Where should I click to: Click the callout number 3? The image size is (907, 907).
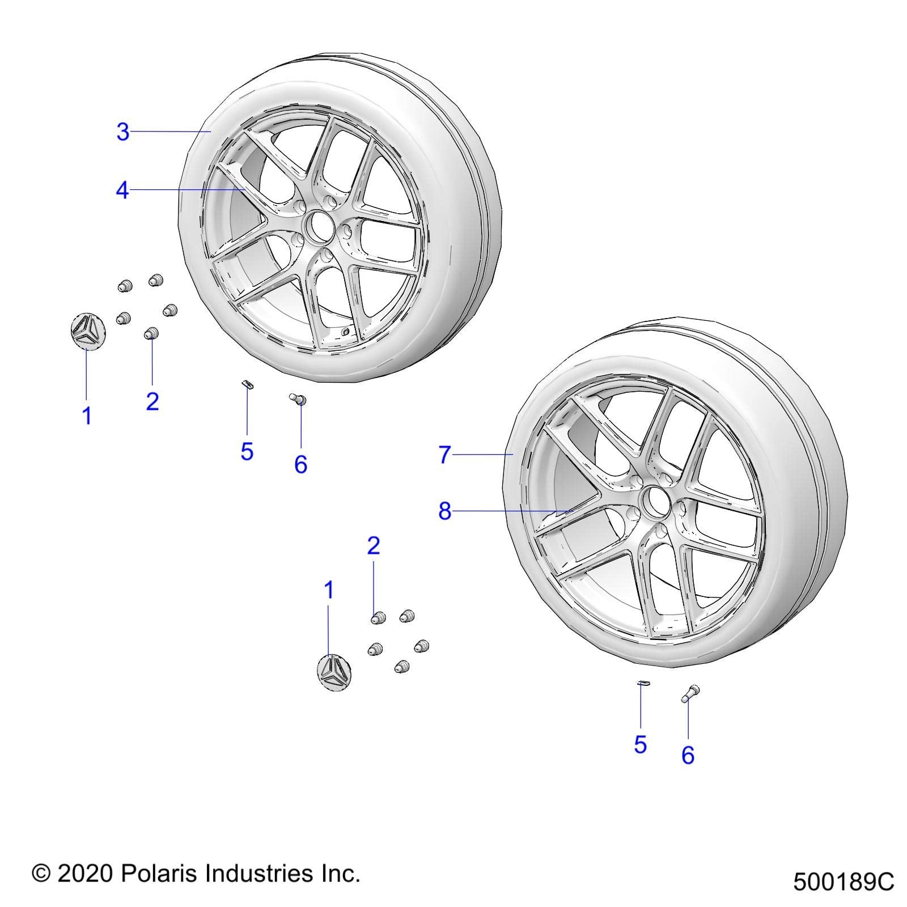(123, 132)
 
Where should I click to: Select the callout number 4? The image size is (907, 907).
(122, 191)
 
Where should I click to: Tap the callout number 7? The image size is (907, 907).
(445, 455)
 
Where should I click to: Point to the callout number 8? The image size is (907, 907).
(445, 511)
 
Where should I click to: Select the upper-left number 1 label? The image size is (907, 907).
(87, 416)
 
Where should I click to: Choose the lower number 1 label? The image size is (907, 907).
(328, 591)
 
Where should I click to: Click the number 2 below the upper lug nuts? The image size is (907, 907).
(152, 401)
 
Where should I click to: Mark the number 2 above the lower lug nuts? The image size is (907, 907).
(373, 546)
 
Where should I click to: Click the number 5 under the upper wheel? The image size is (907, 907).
(247, 452)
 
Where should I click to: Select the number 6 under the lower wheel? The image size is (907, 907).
(688, 755)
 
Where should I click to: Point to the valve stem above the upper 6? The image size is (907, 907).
(299, 400)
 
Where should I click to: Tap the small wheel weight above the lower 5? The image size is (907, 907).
(642, 683)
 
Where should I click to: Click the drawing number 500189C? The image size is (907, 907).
(843, 882)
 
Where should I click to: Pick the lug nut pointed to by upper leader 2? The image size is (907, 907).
(151, 333)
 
